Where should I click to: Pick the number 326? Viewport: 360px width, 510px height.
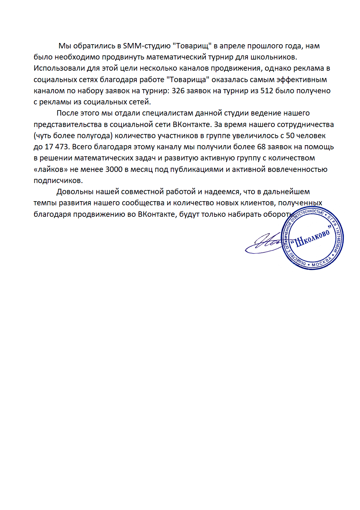(178, 91)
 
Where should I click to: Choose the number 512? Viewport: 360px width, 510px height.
(267, 91)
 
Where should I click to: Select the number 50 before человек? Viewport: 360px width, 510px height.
(290, 136)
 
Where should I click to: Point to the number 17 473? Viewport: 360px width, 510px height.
(56, 147)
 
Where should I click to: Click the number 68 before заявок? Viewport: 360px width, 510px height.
(261, 147)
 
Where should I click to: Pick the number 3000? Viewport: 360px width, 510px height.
(114, 169)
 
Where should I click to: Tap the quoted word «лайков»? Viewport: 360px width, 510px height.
(51, 169)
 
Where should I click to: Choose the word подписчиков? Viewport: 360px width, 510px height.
(58, 181)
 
